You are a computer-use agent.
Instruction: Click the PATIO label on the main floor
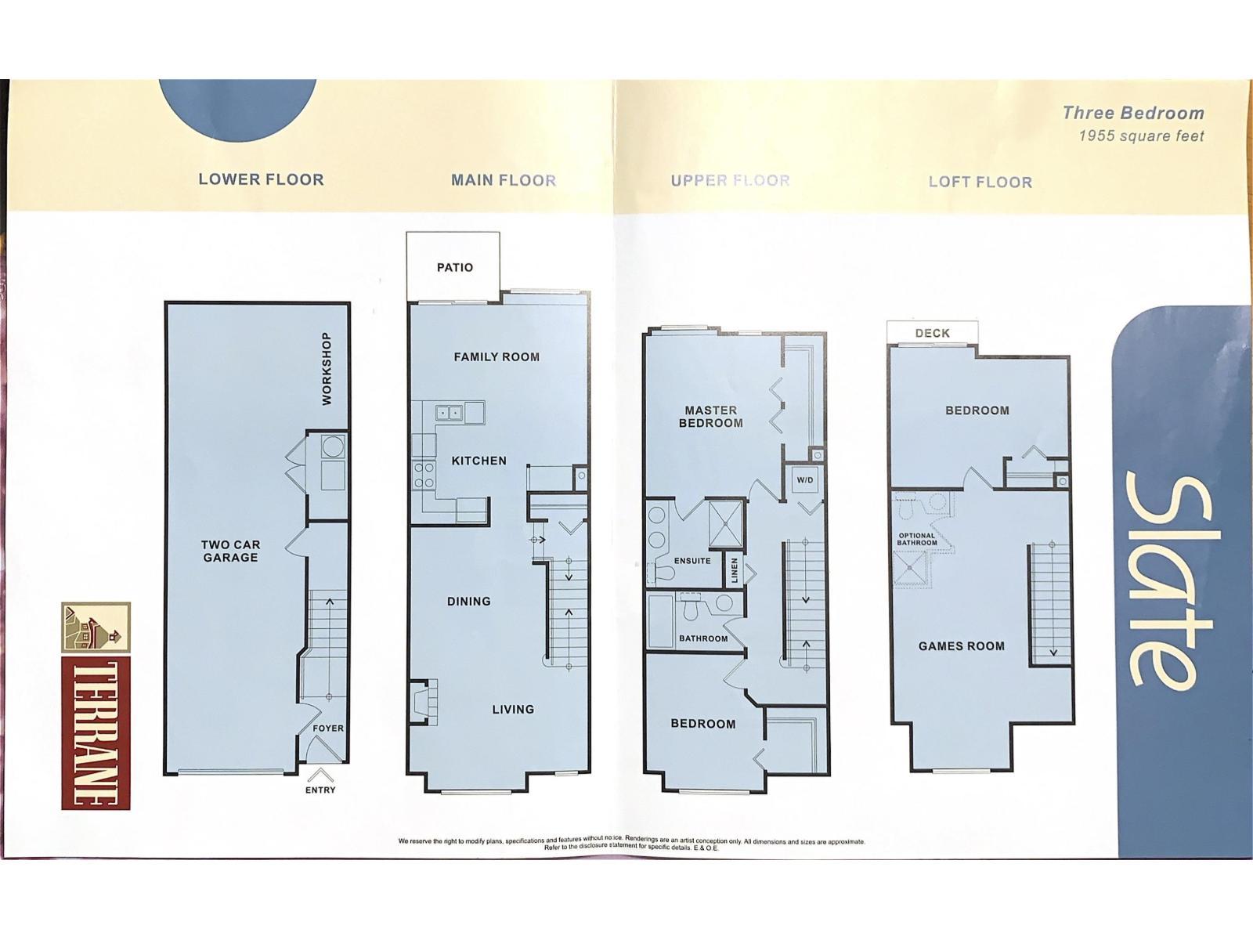pos(455,267)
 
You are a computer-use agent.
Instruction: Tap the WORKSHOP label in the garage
pos(327,369)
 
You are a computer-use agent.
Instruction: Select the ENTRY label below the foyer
pos(320,790)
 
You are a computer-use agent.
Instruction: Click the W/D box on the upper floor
pos(805,480)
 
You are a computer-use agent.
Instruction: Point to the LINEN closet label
pos(735,571)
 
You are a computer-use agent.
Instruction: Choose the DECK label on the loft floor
pos(932,334)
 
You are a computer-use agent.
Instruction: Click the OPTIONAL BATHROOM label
pos(917,540)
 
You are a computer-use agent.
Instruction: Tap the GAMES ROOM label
pos(962,646)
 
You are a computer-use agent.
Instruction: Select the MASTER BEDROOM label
pos(711,417)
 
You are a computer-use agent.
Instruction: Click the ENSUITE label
pos(691,561)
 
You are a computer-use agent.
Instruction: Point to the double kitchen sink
pos(450,412)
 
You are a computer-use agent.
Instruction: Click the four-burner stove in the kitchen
pos(423,475)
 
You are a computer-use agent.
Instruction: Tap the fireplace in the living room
pos(424,701)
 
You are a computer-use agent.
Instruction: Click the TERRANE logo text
pos(96,735)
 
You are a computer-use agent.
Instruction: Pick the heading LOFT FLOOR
pos(980,182)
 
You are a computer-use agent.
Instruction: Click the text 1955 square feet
pos(1141,136)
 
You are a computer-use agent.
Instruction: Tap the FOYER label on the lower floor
pos(327,728)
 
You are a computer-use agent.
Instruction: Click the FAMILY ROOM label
pos(497,357)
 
